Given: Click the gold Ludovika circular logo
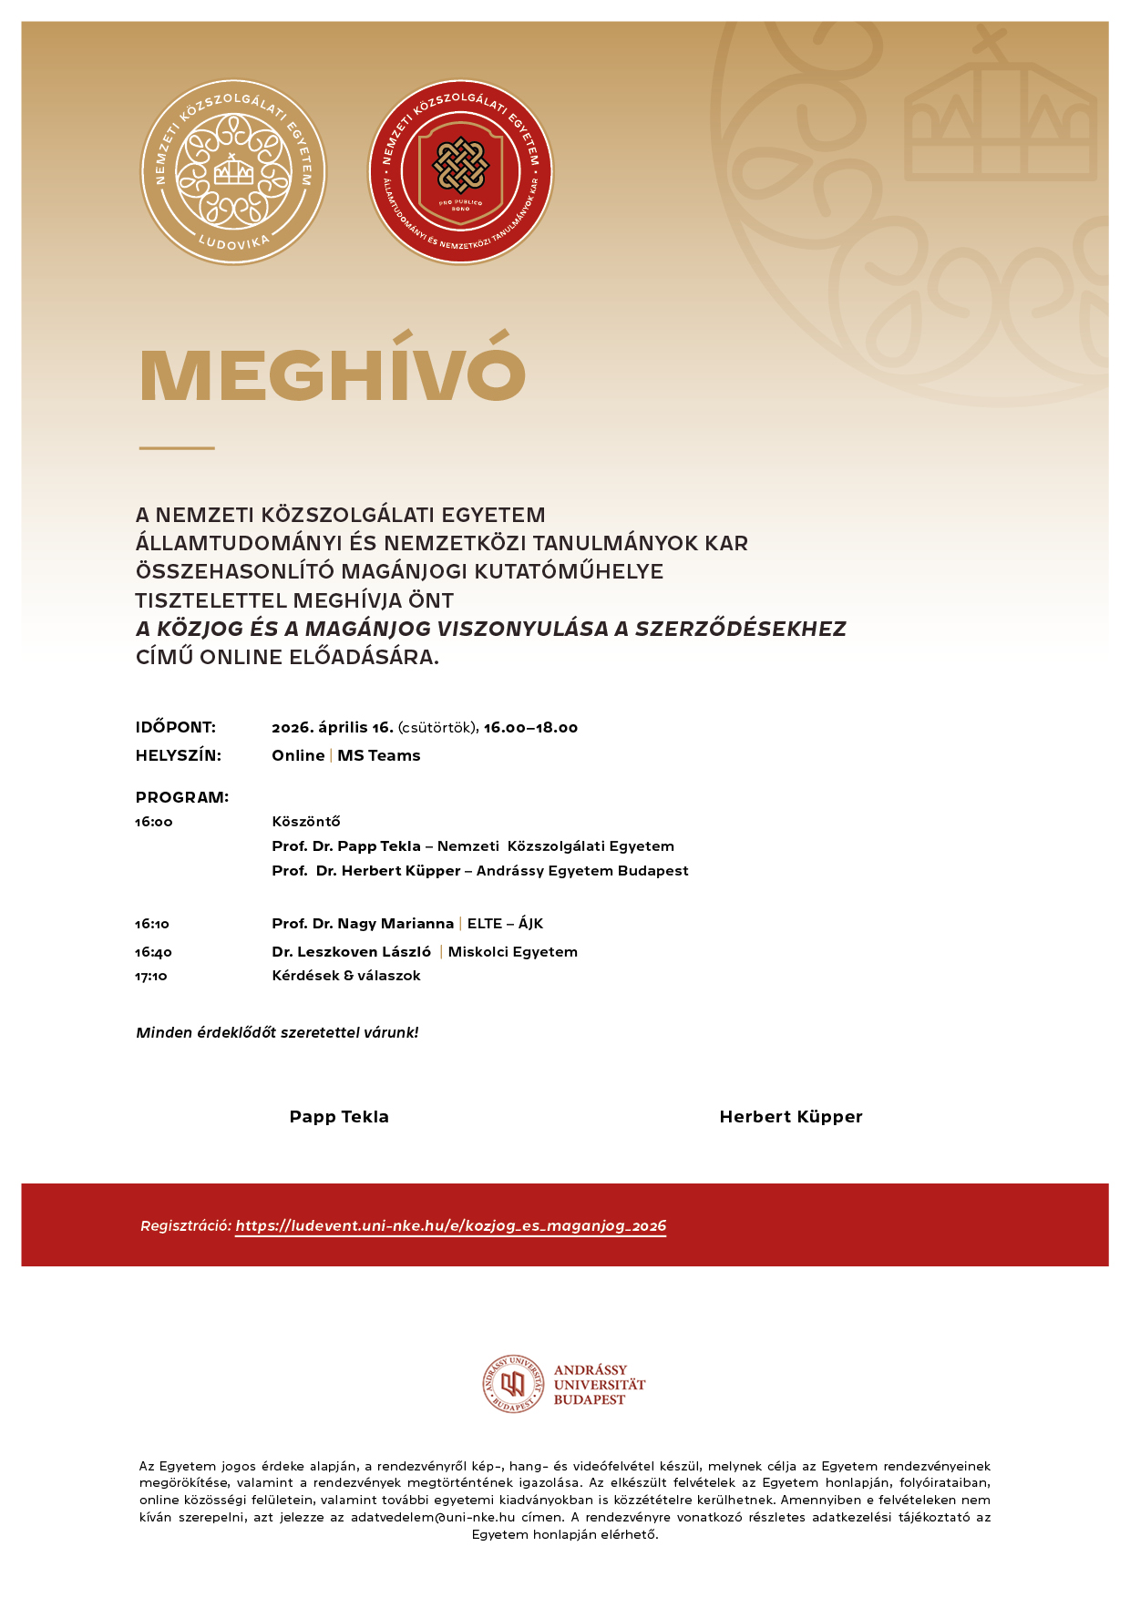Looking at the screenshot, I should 233,172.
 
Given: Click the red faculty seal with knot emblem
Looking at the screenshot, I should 460,172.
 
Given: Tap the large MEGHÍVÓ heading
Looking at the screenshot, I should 333,375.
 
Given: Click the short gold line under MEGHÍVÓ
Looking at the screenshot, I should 177,448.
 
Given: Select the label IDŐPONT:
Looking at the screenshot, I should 176,727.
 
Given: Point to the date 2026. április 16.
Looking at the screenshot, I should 333,727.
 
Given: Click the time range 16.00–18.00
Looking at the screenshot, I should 530,727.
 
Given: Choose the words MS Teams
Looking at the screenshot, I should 379,755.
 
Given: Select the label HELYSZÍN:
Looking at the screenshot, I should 179,755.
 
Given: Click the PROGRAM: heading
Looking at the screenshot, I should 182,797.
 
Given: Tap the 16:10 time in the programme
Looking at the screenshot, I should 152,924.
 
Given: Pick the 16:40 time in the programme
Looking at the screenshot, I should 153,952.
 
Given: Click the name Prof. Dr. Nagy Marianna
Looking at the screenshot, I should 363,924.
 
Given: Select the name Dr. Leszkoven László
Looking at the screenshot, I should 351,952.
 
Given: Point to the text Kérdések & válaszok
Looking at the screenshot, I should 346,976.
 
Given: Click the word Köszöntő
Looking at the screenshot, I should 306,822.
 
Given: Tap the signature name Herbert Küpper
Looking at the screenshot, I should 791,1117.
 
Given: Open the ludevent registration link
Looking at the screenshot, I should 451,1226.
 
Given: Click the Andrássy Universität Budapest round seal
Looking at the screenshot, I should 513,1384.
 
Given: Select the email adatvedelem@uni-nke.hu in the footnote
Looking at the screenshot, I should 433,1517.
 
